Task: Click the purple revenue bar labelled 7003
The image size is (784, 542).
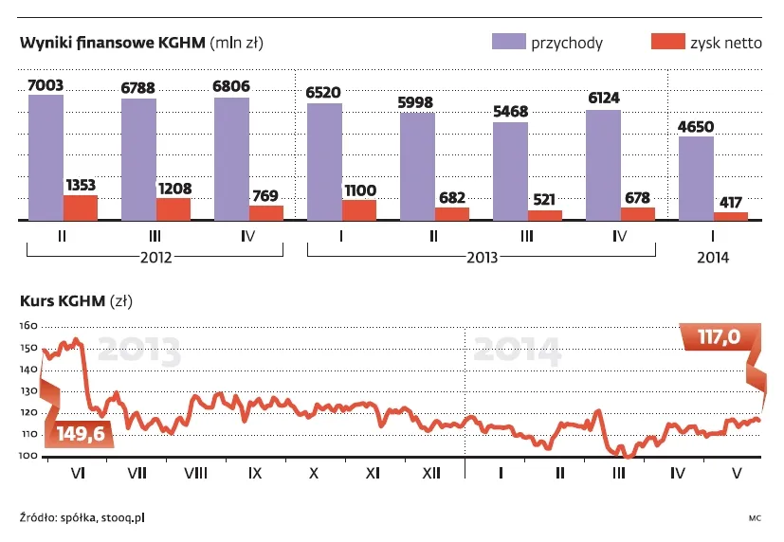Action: tap(46, 157)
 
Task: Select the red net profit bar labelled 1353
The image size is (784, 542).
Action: tap(81, 208)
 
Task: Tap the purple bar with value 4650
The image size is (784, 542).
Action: tap(696, 178)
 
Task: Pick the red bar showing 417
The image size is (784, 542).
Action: tap(731, 216)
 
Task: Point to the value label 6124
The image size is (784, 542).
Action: tap(604, 98)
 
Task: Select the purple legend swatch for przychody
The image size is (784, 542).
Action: tap(507, 43)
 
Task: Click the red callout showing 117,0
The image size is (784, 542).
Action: tap(718, 336)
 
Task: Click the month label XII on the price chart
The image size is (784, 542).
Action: tap(431, 472)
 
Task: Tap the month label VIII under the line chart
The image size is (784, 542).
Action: tap(196, 472)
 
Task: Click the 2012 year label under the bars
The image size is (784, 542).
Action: tap(155, 257)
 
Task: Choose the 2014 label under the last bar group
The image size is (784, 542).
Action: tap(713, 257)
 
